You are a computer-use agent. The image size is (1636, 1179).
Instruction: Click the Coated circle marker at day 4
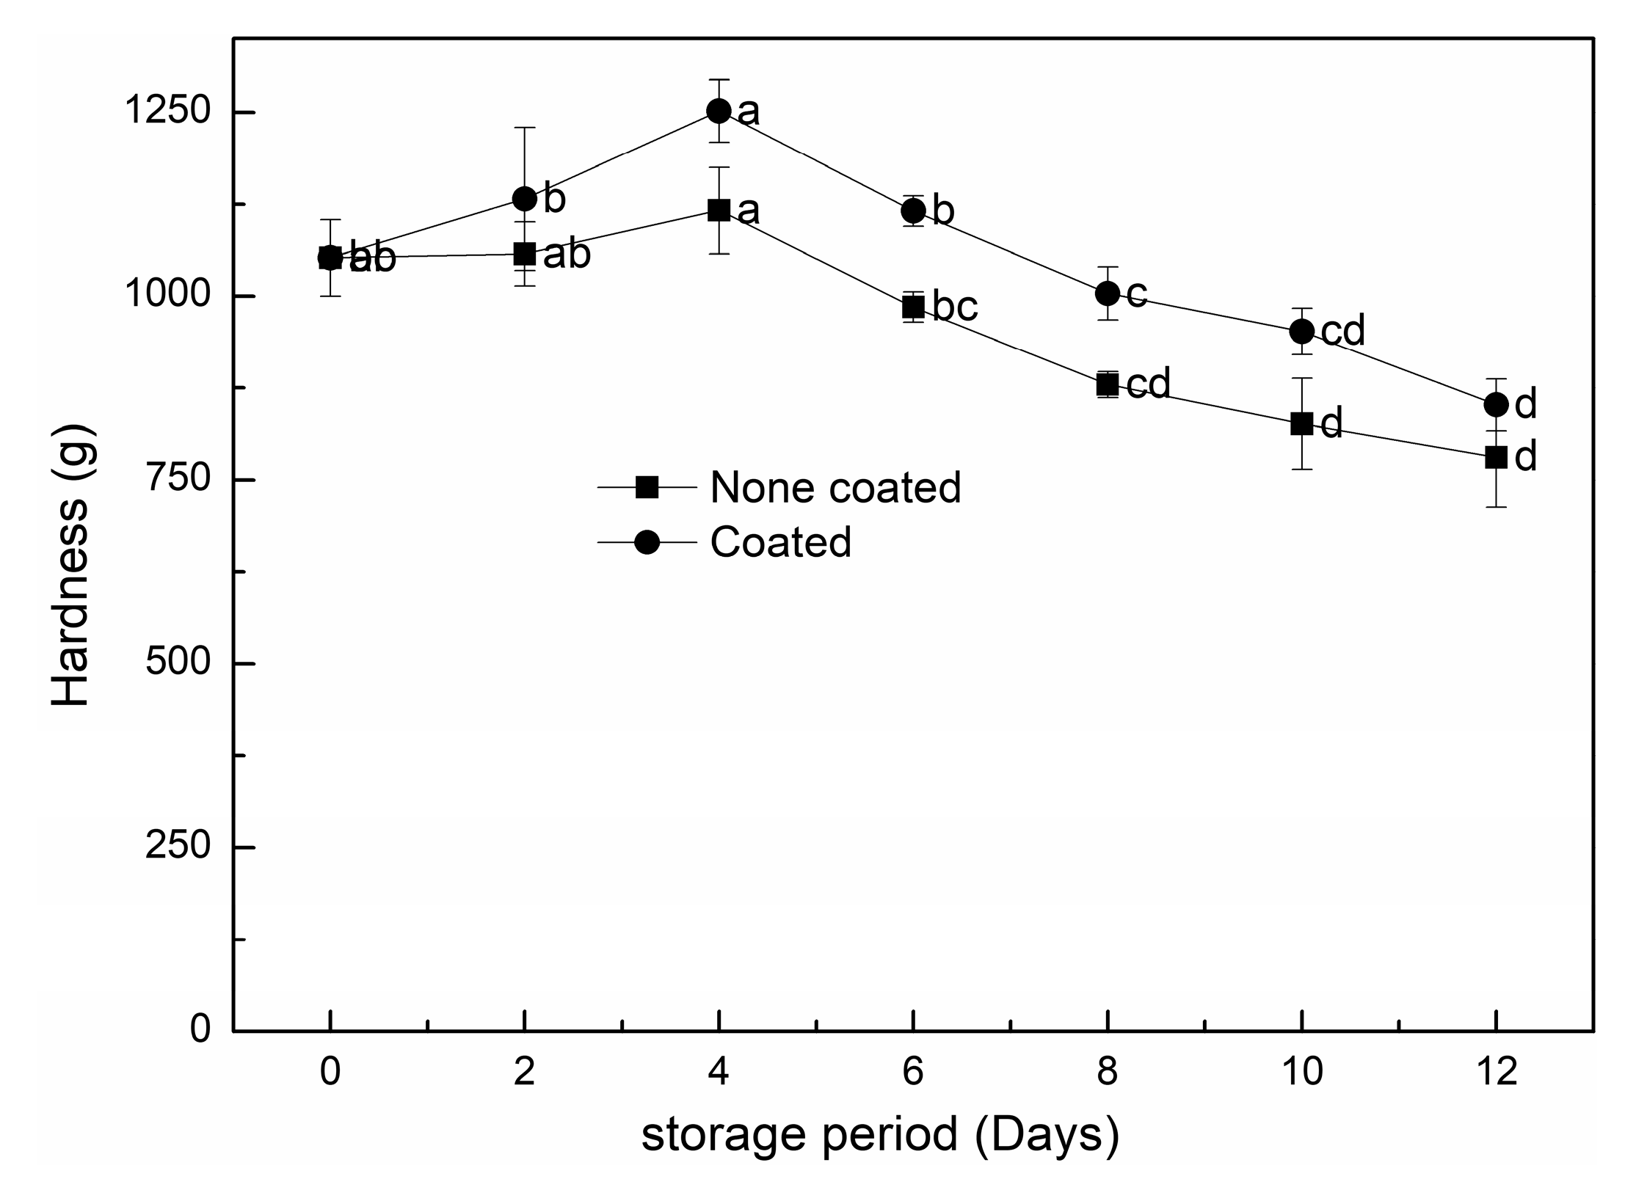pos(719,111)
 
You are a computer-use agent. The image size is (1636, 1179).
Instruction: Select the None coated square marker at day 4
pos(719,211)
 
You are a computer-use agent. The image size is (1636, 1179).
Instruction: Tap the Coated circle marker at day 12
pos(1496,404)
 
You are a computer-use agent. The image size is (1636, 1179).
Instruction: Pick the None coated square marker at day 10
pos(1301,423)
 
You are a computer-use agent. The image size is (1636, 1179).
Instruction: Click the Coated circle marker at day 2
pos(524,198)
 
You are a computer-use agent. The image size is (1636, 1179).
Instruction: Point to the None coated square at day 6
pos(913,307)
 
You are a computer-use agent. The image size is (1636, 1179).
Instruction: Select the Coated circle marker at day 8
pos(1107,293)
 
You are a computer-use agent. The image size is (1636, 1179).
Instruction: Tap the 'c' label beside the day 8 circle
pos(1136,293)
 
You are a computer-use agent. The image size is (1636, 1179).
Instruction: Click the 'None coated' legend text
pos(835,487)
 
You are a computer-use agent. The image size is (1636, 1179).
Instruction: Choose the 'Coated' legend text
pos(780,542)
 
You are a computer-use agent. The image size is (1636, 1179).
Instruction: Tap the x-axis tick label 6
pos(912,1073)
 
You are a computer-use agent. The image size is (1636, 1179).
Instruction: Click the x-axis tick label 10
pos(1301,1073)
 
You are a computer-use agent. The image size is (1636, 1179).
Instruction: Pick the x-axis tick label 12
pos(1496,1073)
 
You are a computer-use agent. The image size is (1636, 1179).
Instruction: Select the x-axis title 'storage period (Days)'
pos(880,1134)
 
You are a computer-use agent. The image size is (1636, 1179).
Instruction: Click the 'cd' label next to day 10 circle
pos(1342,331)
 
